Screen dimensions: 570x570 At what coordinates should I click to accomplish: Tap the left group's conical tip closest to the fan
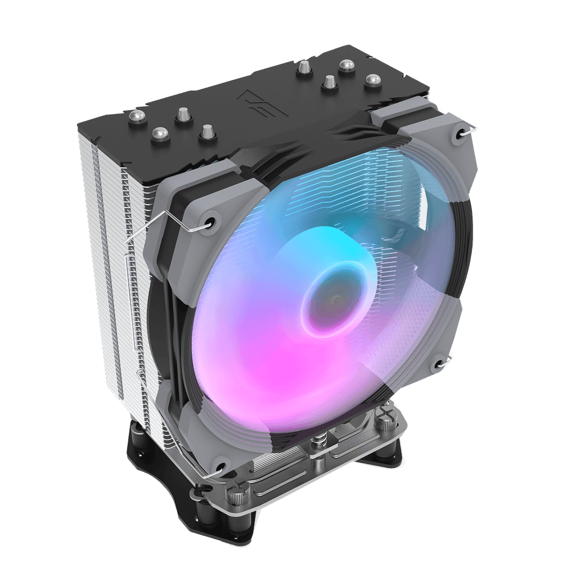205,133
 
